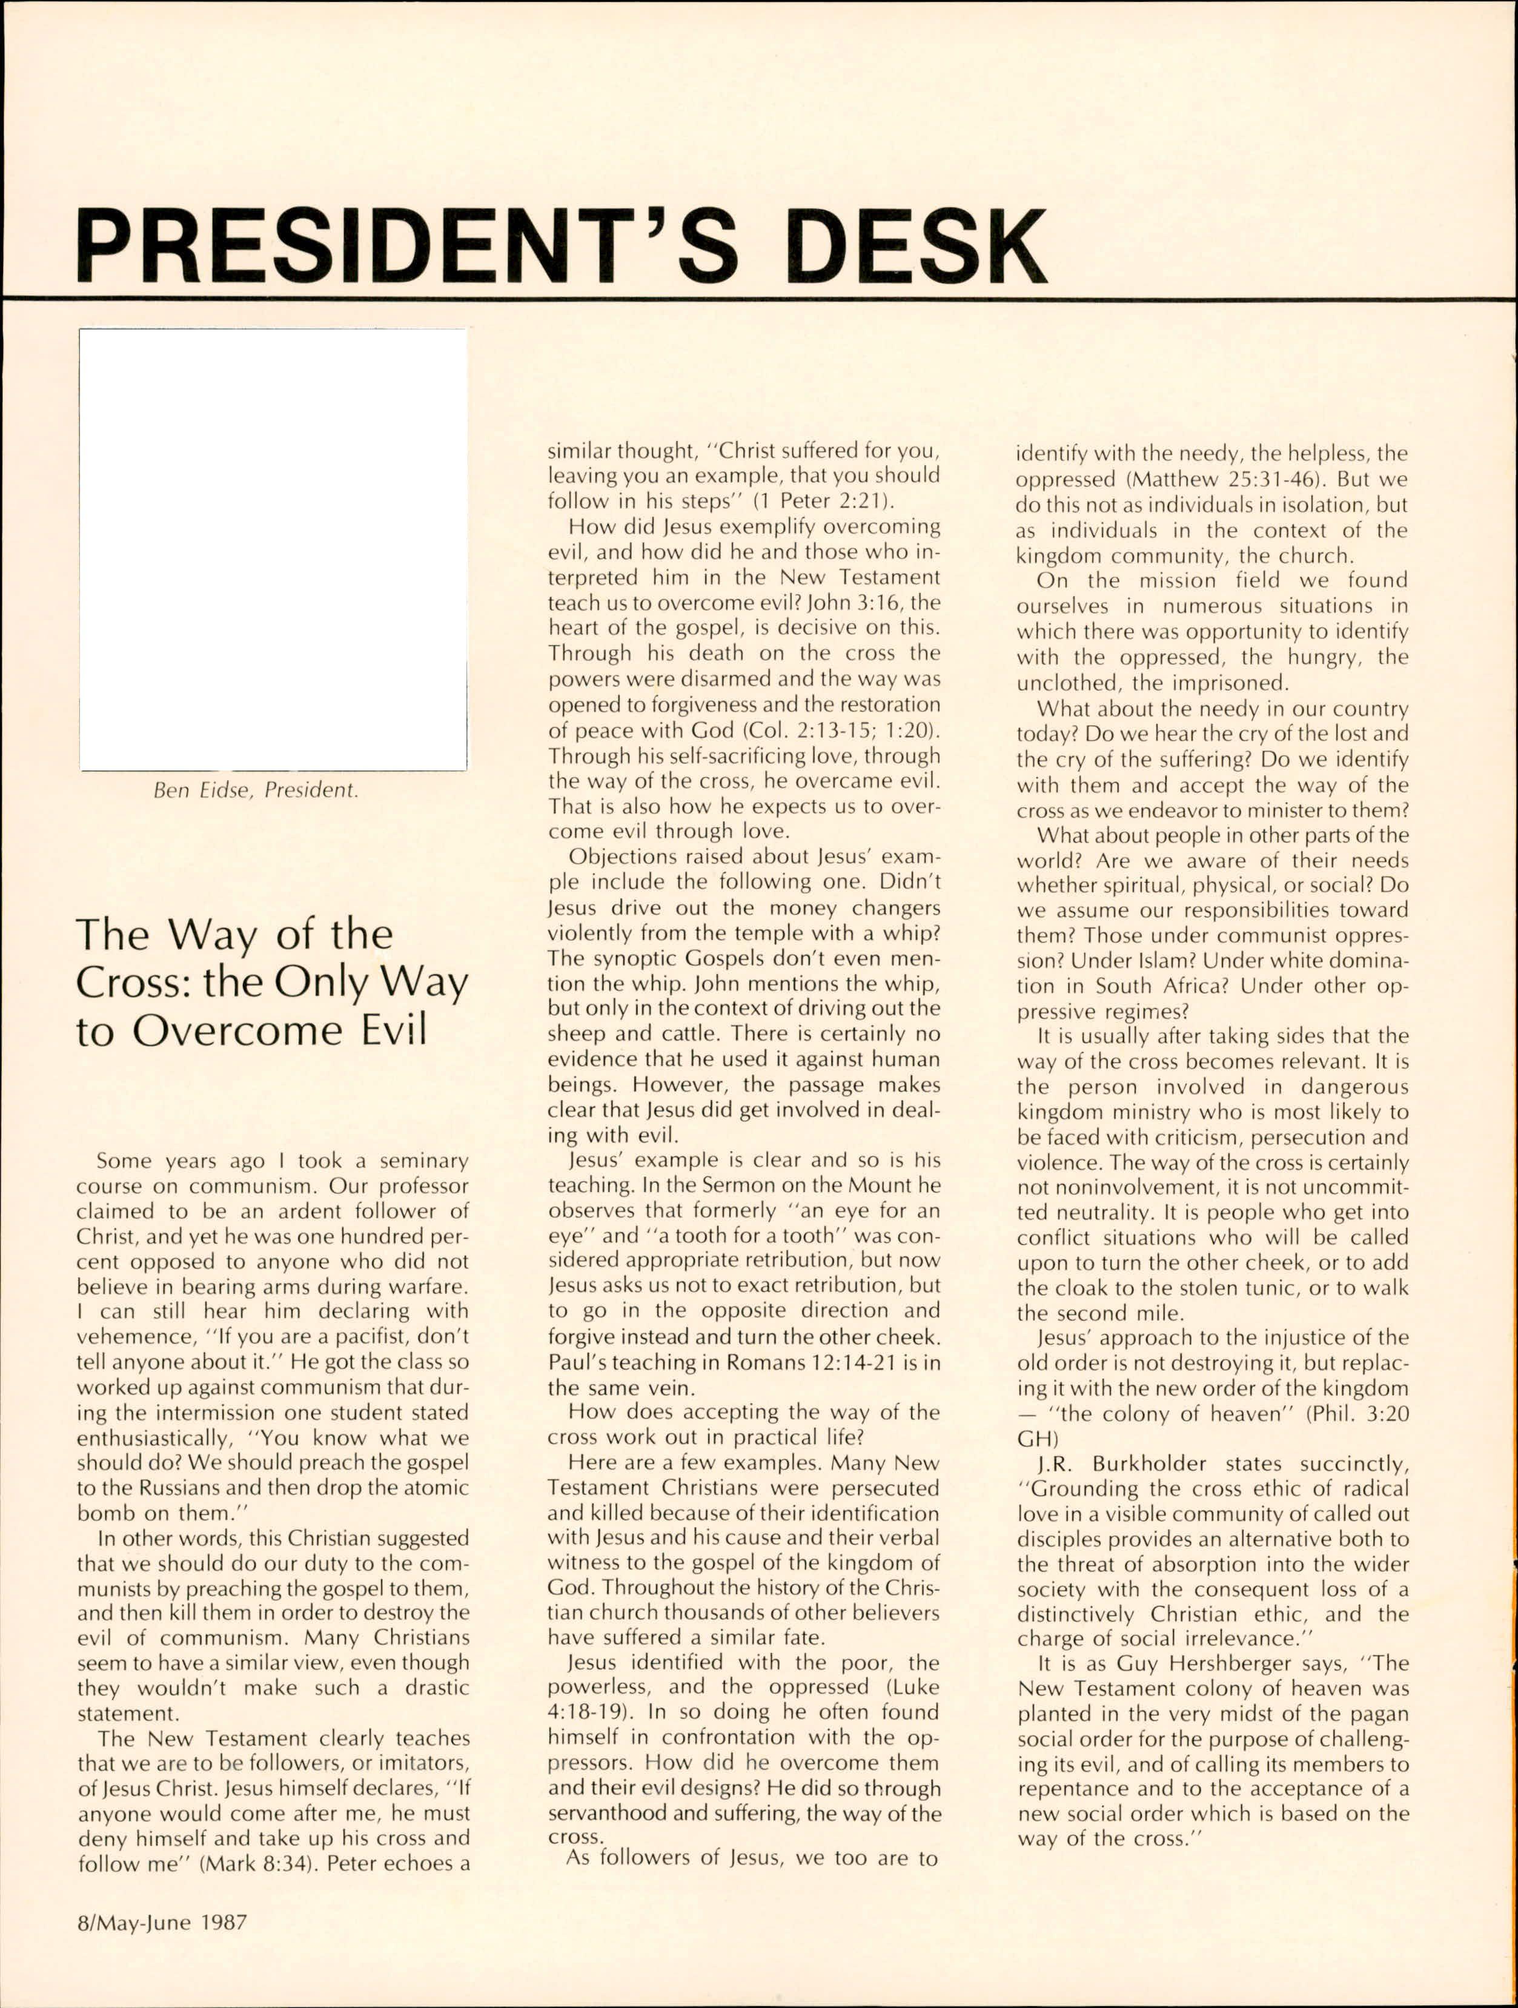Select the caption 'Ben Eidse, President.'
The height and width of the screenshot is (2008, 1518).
(x=256, y=790)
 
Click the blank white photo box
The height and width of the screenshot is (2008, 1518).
(x=273, y=549)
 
